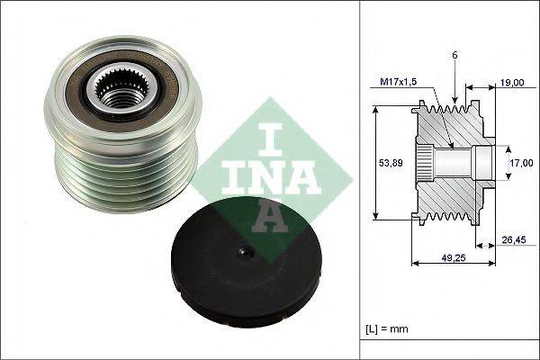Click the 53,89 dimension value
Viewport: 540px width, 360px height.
point(391,163)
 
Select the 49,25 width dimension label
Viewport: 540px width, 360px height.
point(454,257)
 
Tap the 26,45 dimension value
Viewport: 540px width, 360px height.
point(514,239)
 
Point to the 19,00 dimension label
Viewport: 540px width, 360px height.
point(512,82)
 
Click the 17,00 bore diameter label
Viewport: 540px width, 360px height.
point(521,163)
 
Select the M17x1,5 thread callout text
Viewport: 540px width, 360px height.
point(399,82)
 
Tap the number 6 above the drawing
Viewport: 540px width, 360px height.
point(454,56)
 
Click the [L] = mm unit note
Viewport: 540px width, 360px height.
point(386,329)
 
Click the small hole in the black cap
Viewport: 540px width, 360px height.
point(246,254)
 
